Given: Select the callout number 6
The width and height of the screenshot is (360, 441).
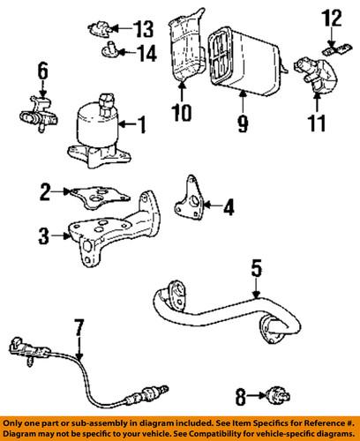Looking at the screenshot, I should click(x=41, y=69).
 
